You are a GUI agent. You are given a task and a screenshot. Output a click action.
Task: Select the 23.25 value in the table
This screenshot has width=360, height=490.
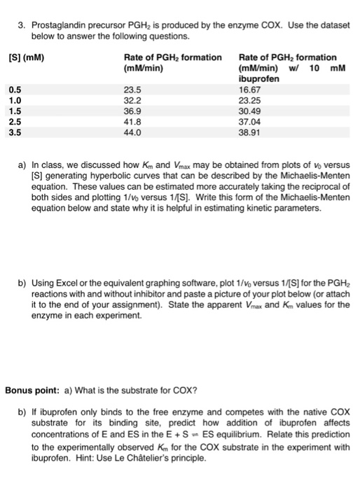point(250,100)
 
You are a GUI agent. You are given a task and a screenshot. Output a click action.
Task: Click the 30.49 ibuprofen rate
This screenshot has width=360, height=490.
point(250,110)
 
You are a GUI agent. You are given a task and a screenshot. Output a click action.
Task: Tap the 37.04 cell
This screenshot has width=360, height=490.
point(250,120)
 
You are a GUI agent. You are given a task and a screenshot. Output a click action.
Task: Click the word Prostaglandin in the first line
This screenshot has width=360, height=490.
point(58,24)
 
